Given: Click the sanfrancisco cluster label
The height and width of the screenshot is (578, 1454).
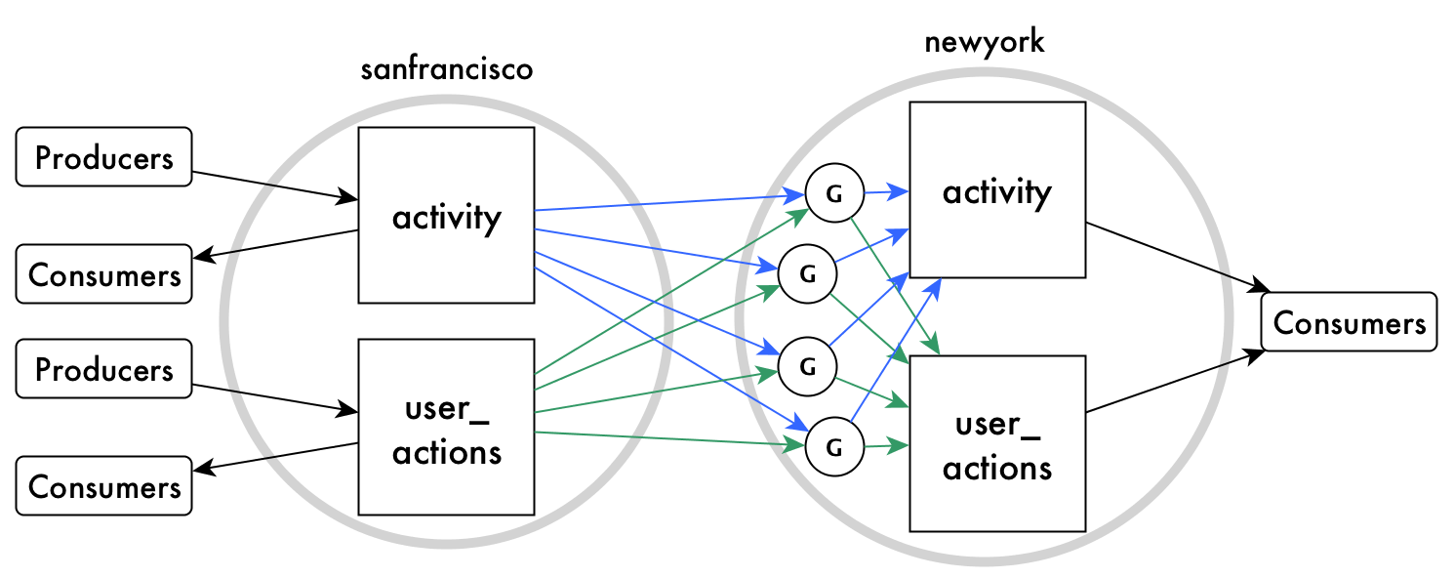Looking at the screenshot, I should click(446, 71).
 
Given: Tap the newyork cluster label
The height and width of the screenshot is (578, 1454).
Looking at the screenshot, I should click(984, 42).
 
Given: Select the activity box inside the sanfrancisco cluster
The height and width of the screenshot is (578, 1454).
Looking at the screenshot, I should click(446, 216).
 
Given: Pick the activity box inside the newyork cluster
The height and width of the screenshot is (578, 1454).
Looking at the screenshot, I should click(996, 191).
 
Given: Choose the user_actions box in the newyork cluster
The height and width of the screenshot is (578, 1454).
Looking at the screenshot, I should click(996, 443).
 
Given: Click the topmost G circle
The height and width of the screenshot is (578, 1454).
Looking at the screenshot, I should click(833, 195).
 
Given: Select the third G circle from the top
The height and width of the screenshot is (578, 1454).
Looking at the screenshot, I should click(806, 366).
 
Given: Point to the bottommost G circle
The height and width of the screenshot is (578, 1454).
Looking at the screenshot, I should click(833, 447).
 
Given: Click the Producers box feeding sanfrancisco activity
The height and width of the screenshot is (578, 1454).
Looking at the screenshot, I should click(103, 156).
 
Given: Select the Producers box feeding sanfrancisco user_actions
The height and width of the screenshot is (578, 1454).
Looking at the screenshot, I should click(103, 370).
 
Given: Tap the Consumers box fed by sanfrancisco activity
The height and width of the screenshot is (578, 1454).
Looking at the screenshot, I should click(103, 274).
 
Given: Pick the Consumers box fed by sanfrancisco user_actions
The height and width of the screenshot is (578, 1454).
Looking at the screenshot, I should click(103, 485).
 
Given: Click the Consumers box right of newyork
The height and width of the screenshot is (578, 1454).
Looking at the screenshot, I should click(1349, 322).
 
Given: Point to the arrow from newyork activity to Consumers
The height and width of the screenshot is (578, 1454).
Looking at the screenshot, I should click(1176, 256).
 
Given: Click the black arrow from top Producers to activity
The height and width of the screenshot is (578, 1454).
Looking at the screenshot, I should click(273, 186).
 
